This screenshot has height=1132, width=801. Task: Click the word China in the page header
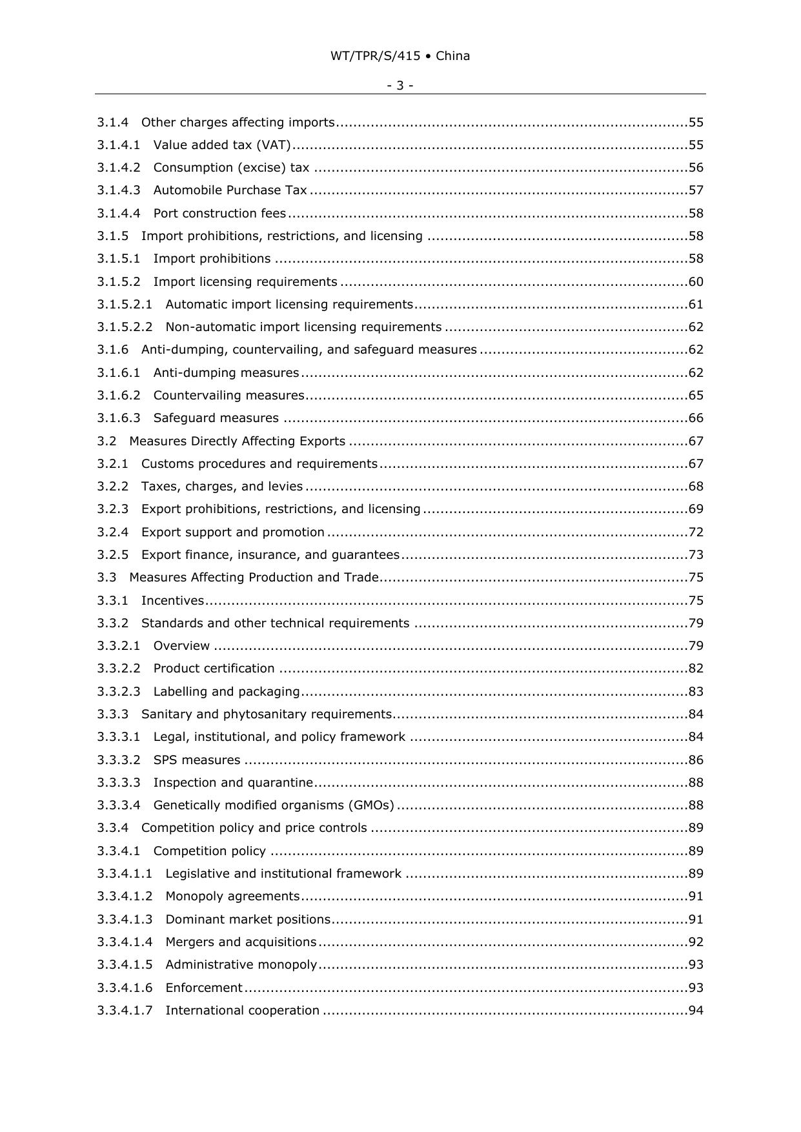point(452,56)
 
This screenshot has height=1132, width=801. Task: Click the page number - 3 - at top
point(400,85)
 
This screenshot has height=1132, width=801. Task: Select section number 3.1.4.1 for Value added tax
point(119,145)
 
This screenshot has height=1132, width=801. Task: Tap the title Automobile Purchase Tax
point(230,190)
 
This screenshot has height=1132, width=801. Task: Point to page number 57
point(696,190)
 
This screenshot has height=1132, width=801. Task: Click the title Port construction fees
point(219,214)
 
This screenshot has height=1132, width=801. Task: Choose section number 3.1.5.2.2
point(125,327)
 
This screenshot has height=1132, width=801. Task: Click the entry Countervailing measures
point(228,396)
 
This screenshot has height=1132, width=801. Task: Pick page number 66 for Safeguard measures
point(696,418)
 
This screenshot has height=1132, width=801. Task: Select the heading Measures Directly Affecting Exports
point(237,441)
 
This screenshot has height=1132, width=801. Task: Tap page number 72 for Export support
point(696,532)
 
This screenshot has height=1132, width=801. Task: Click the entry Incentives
point(172,601)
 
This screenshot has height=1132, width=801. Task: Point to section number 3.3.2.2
point(119,669)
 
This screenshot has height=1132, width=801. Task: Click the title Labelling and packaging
point(227,692)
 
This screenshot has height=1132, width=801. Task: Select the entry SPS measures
point(197,760)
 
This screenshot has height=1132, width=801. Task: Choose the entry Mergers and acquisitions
point(241,942)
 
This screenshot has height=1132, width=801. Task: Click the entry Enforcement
point(204,988)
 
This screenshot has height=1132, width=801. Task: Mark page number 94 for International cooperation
point(696,1011)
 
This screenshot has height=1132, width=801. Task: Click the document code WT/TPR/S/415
point(375,56)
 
